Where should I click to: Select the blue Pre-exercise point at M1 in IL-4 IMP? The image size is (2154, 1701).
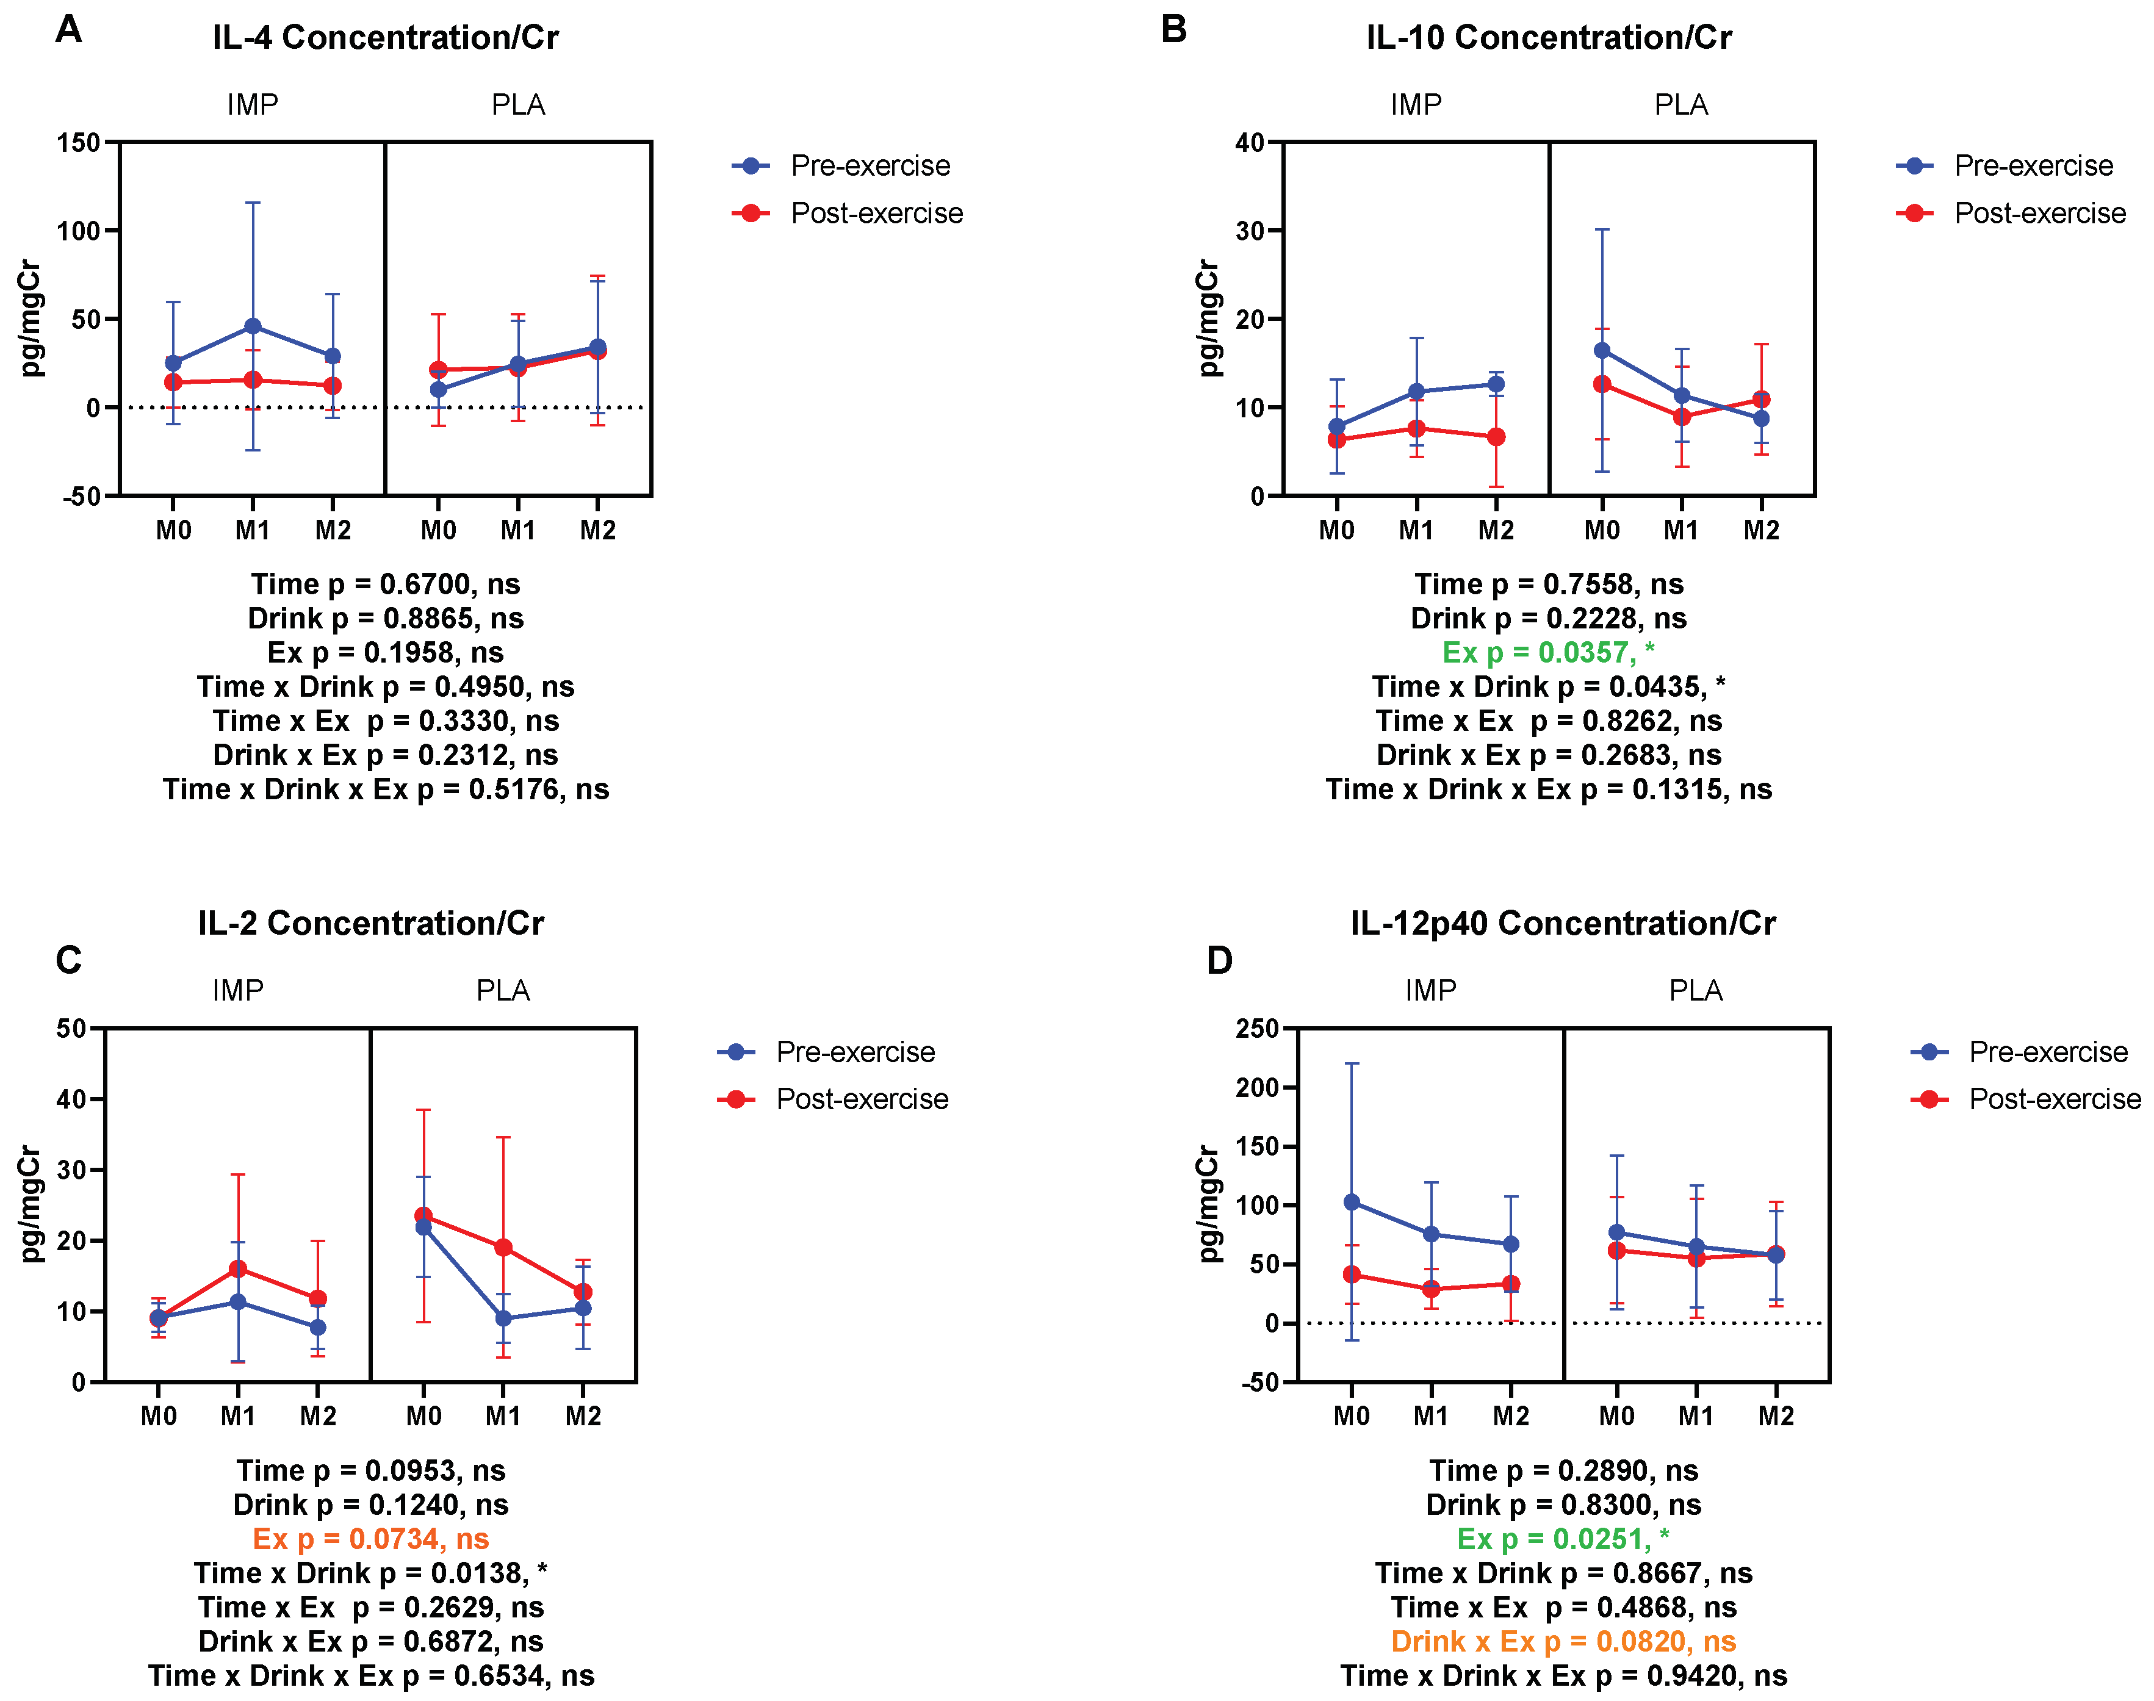click(253, 326)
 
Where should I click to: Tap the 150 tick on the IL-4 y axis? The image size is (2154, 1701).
click(80, 142)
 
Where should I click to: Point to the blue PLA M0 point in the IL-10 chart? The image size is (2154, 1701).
click(1601, 351)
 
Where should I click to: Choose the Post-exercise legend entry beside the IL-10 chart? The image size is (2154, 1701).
click(2039, 213)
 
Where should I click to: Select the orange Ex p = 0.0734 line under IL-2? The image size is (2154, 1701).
click(370, 1539)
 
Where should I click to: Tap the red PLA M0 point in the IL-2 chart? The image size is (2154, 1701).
click(423, 1216)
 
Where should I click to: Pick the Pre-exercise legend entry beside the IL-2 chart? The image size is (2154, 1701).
click(854, 1052)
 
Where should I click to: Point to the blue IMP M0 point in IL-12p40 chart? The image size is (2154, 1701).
click(1352, 1202)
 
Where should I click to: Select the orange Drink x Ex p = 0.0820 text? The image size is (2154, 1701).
click(1563, 1641)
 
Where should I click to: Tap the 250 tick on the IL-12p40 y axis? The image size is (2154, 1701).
click(1257, 1029)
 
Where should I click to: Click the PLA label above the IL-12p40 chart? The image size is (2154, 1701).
click(1695, 990)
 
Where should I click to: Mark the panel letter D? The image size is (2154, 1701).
click(1219, 961)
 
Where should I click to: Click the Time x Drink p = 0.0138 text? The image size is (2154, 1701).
click(370, 1572)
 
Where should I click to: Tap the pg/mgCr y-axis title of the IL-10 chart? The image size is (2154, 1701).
click(1208, 318)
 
